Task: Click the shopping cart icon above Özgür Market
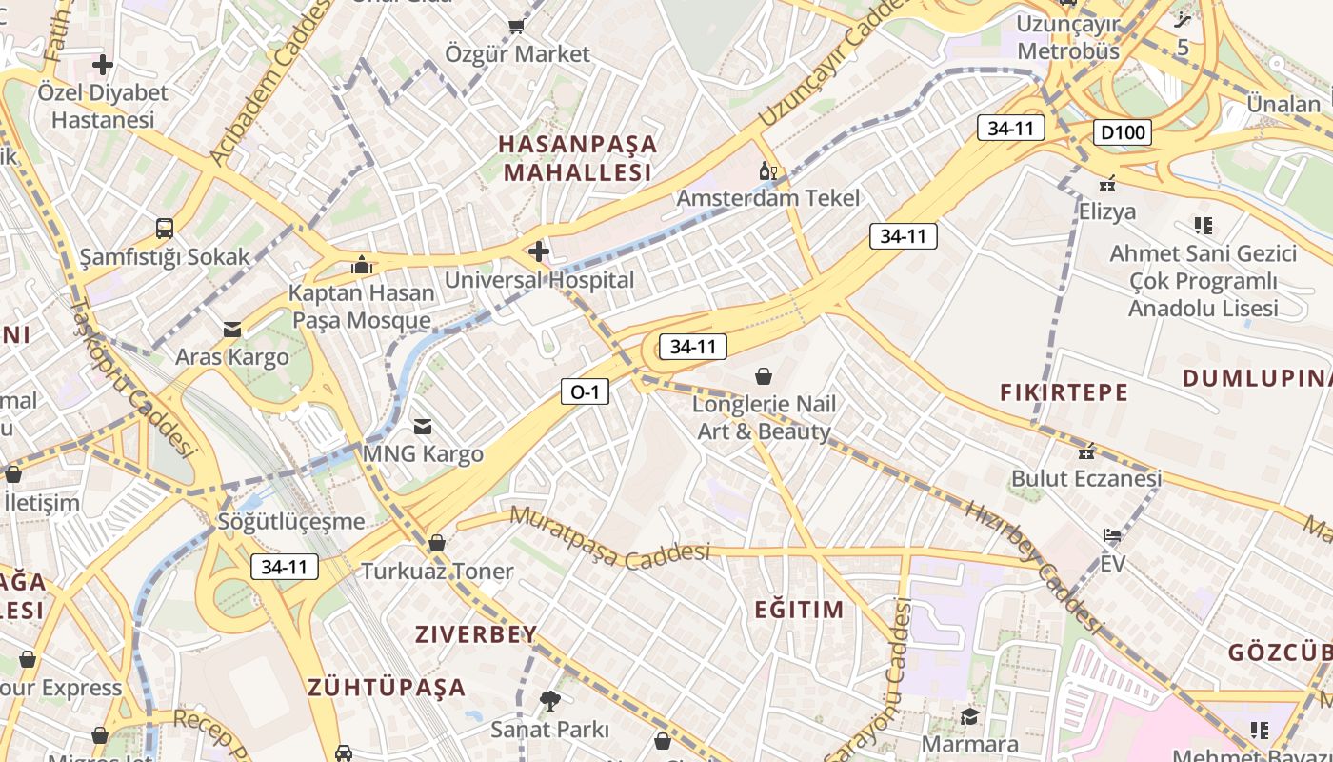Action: pyautogui.click(x=517, y=26)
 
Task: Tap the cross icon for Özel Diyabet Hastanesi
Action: pyautogui.click(x=102, y=65)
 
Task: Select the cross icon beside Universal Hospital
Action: pyautogui.click(x=539, y=251)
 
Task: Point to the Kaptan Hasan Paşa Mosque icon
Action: pyautogui.click(x=361, y=265)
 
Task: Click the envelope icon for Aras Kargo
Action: pyautogui.click(x=231, y=330)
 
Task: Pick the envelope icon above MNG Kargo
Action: pyautogui.click(x=422, y=427)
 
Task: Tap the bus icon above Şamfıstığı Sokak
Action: pyautogui.click(x=165, y=229)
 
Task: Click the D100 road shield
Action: pyautogui.click(x=1122, y=132)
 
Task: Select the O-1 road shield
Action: pyautogui.click(x=584, y=391)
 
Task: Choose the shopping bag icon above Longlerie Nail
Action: pyautogui.click(x=763, y=376)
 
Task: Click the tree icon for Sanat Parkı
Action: pyautogui.click(x=549, y=701)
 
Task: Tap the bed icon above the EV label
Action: pyautogui.click(x=1111, y=536)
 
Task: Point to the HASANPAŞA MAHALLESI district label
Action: pyautogui.click(x=578, y=158)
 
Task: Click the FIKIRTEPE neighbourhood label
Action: pyautogui.click(x=1064, y=391)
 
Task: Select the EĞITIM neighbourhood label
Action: pyautogui.click(x=799, y=610)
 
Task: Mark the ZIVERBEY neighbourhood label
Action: pyautogui.click(x=476, y=634)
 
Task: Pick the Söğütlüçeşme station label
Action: pyautogui.click(x=291, y=521)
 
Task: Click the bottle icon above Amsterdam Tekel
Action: pyautogui.click(x=766, y=172)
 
